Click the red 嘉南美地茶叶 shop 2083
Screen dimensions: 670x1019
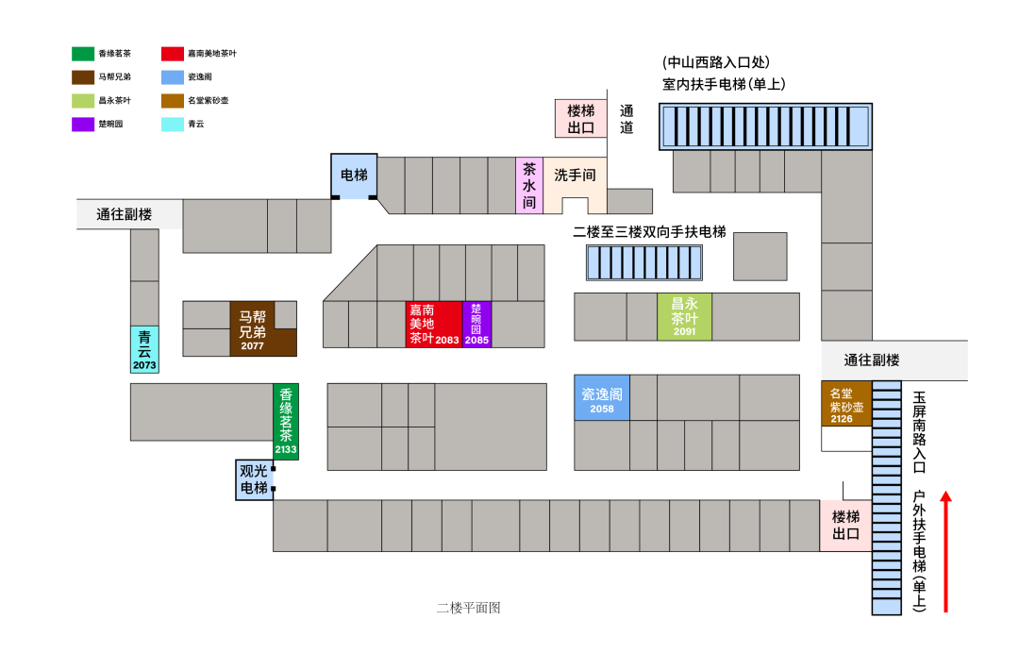(433, 325)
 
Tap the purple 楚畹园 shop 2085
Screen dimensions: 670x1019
(476, 325)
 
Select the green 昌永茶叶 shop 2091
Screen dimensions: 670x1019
(684, 317)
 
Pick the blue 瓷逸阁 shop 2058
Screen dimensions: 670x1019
(602, 397)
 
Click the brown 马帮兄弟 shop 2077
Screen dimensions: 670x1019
(253, 328)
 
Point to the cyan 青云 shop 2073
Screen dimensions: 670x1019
(144, 349)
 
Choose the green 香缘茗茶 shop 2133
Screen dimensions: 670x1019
(286, 422)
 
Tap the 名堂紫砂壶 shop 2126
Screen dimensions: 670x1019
(846, 402)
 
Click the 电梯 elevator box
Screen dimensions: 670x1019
(354, 176)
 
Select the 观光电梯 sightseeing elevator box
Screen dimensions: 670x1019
(254, 479)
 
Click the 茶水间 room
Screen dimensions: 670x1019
(529, 185)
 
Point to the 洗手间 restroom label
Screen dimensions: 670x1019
(575, 176)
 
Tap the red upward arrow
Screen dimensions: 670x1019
(945, 551)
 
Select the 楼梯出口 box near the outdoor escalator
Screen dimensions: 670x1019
(845, 526)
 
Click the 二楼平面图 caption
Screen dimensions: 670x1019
(468, 608)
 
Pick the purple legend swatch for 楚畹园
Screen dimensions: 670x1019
(83, 124)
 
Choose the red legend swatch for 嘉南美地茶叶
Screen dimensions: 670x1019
(173, 54)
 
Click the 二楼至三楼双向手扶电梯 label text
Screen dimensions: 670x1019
(649, 231)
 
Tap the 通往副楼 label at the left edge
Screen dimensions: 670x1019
(125, 214)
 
